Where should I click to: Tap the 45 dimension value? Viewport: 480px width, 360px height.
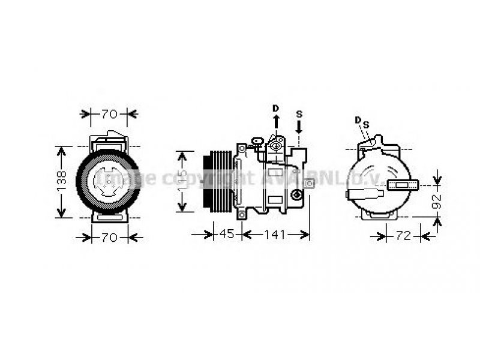(226, 234)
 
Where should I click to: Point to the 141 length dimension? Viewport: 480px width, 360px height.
(277, 234)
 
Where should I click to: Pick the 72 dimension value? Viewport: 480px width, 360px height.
(403, 236)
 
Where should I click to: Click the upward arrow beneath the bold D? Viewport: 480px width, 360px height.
(276, 122)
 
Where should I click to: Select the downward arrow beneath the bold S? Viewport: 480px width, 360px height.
(299, 125)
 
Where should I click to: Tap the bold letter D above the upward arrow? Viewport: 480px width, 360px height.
(275, 108)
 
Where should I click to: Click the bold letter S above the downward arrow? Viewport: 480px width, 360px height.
(299, 113)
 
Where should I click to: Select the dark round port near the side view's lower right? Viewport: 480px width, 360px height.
(296, 195)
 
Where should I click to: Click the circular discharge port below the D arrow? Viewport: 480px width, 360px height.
(277, 144)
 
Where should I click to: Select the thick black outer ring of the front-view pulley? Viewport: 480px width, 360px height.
(82, 180)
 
